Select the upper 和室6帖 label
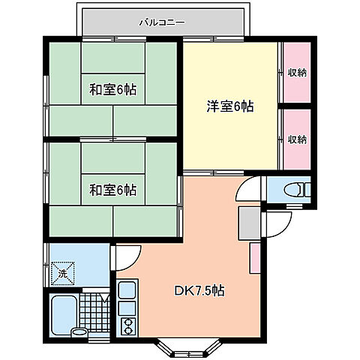pyautogui.click(x=113, y=90)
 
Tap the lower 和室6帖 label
pyautogui.click(x=113, y=188)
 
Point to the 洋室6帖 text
pyautogui.click(x=230, y=106)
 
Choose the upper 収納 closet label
pyautogui.click(x=297, y=73)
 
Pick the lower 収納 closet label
pyautogui.click(x=297, y=139)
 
